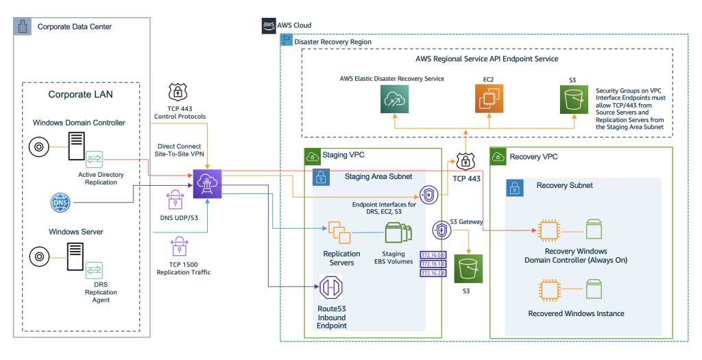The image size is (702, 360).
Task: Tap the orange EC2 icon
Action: (x=489, y=100)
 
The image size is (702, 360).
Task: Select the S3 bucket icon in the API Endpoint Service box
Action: (x=575, y=101)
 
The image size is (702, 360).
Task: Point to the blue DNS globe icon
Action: (x=60, y=203)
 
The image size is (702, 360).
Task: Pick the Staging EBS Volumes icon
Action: (x=398, y=233)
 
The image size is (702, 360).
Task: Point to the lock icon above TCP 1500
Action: (x=181, y=245)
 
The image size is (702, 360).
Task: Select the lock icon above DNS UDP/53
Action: (x=174, y=200)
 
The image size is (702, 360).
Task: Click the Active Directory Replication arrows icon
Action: (x=94, y=160)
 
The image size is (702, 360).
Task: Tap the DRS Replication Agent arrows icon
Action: (x=94, y=270)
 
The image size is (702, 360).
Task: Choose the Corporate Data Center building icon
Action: (x=23, y=26)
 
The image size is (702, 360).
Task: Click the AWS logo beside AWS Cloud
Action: (x=268, y=25)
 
